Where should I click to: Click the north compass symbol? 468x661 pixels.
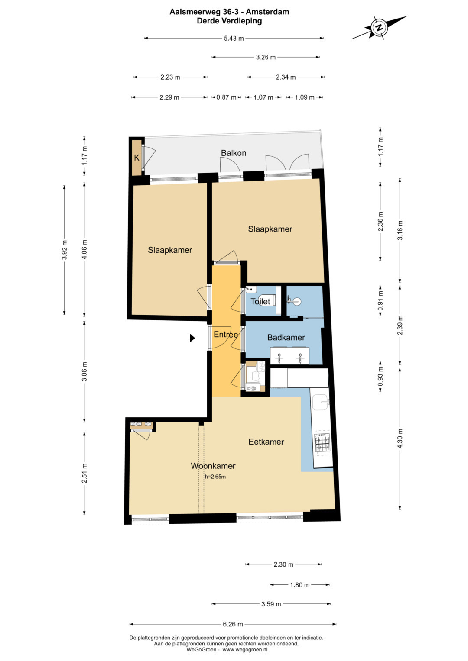[379, 28]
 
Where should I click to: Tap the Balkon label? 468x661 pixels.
[234, 153]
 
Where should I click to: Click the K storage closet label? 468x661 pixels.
[136, 158]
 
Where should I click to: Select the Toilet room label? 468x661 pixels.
[260, 301]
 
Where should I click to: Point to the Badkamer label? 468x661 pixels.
[286, 337]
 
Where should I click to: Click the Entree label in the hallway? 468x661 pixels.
[226, 334]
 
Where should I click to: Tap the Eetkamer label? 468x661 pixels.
[266, 442]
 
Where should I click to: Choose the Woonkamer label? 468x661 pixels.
[213, 466]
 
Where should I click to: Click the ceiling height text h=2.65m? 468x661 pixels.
[215, 477]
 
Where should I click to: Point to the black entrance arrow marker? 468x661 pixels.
[192, 338]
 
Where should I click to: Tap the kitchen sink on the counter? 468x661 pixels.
[321, 402]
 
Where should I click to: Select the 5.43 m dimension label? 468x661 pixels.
[234, 39]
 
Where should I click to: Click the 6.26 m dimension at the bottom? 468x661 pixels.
[233, 624]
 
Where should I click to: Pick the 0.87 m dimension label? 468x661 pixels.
[226, 97]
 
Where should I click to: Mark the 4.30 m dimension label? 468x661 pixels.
[400, 438]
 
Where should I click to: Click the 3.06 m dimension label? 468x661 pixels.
[84, 371]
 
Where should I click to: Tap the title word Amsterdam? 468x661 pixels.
[267, 12]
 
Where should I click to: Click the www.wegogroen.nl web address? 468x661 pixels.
[245, 649]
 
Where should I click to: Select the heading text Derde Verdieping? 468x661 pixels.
[229, 21]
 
